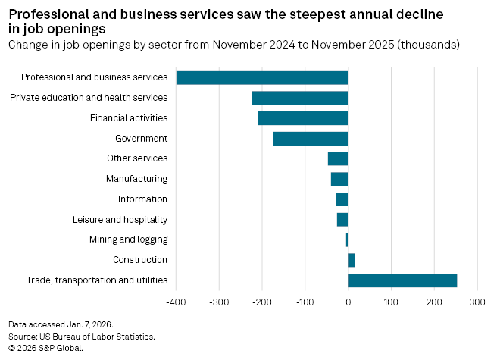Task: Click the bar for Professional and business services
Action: click(261, 77)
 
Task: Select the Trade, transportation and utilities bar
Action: click(402, 280)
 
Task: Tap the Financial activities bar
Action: click(302, 118)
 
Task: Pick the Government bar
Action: click(310, 139)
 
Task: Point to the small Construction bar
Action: click(352, 260)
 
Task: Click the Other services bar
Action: click(338, 158)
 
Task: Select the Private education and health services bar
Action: click(299, 98)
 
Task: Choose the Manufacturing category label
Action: click(136, 179)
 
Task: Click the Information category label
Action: click(142, 199)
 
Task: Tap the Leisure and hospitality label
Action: click(120, 220)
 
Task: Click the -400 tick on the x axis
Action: click(176, 302)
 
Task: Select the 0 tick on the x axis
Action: click(348, 302)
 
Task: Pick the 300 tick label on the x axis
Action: click(477, 302)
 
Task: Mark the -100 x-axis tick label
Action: click(305, 302)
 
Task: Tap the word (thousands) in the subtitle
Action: click(429, 45)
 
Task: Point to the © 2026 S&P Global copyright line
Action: click(45, 348)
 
